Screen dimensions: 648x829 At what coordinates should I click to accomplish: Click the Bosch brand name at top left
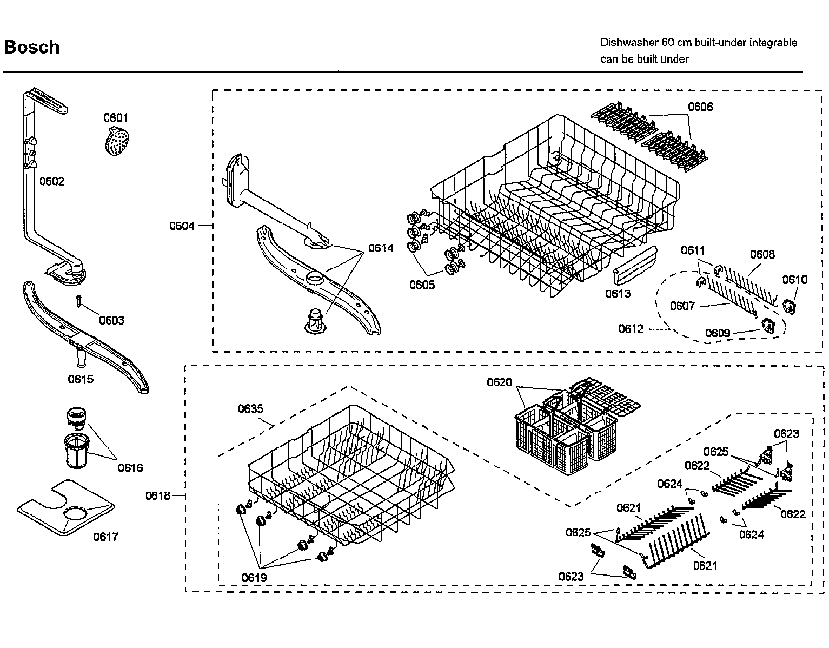(x=32, y=47)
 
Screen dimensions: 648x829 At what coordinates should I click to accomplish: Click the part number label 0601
(x=115, y=118)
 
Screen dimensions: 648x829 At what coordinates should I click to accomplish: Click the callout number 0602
(x=52, y=181)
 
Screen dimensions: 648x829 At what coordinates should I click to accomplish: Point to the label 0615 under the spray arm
(x=81, y=379)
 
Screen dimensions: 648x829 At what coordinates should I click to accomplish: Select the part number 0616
(x=130, y=468)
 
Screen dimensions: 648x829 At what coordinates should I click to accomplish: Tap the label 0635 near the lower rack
(x=250, y=409)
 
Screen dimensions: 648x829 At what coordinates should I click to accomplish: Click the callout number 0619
(x=254, y=578)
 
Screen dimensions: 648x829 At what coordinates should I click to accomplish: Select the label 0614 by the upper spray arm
(x=381, y=248)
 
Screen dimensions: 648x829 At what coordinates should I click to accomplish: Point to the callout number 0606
(x=700, y=107)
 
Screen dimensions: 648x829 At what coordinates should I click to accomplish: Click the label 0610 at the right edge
(x=794, y=280)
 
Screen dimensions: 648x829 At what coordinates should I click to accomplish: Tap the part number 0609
(x=718, y=333)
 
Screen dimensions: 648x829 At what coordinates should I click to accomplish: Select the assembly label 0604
(x=182, y=226)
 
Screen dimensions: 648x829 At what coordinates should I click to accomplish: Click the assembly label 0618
(x=157, y=496)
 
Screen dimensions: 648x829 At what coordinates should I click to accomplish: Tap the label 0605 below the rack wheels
(x=422, y=285)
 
